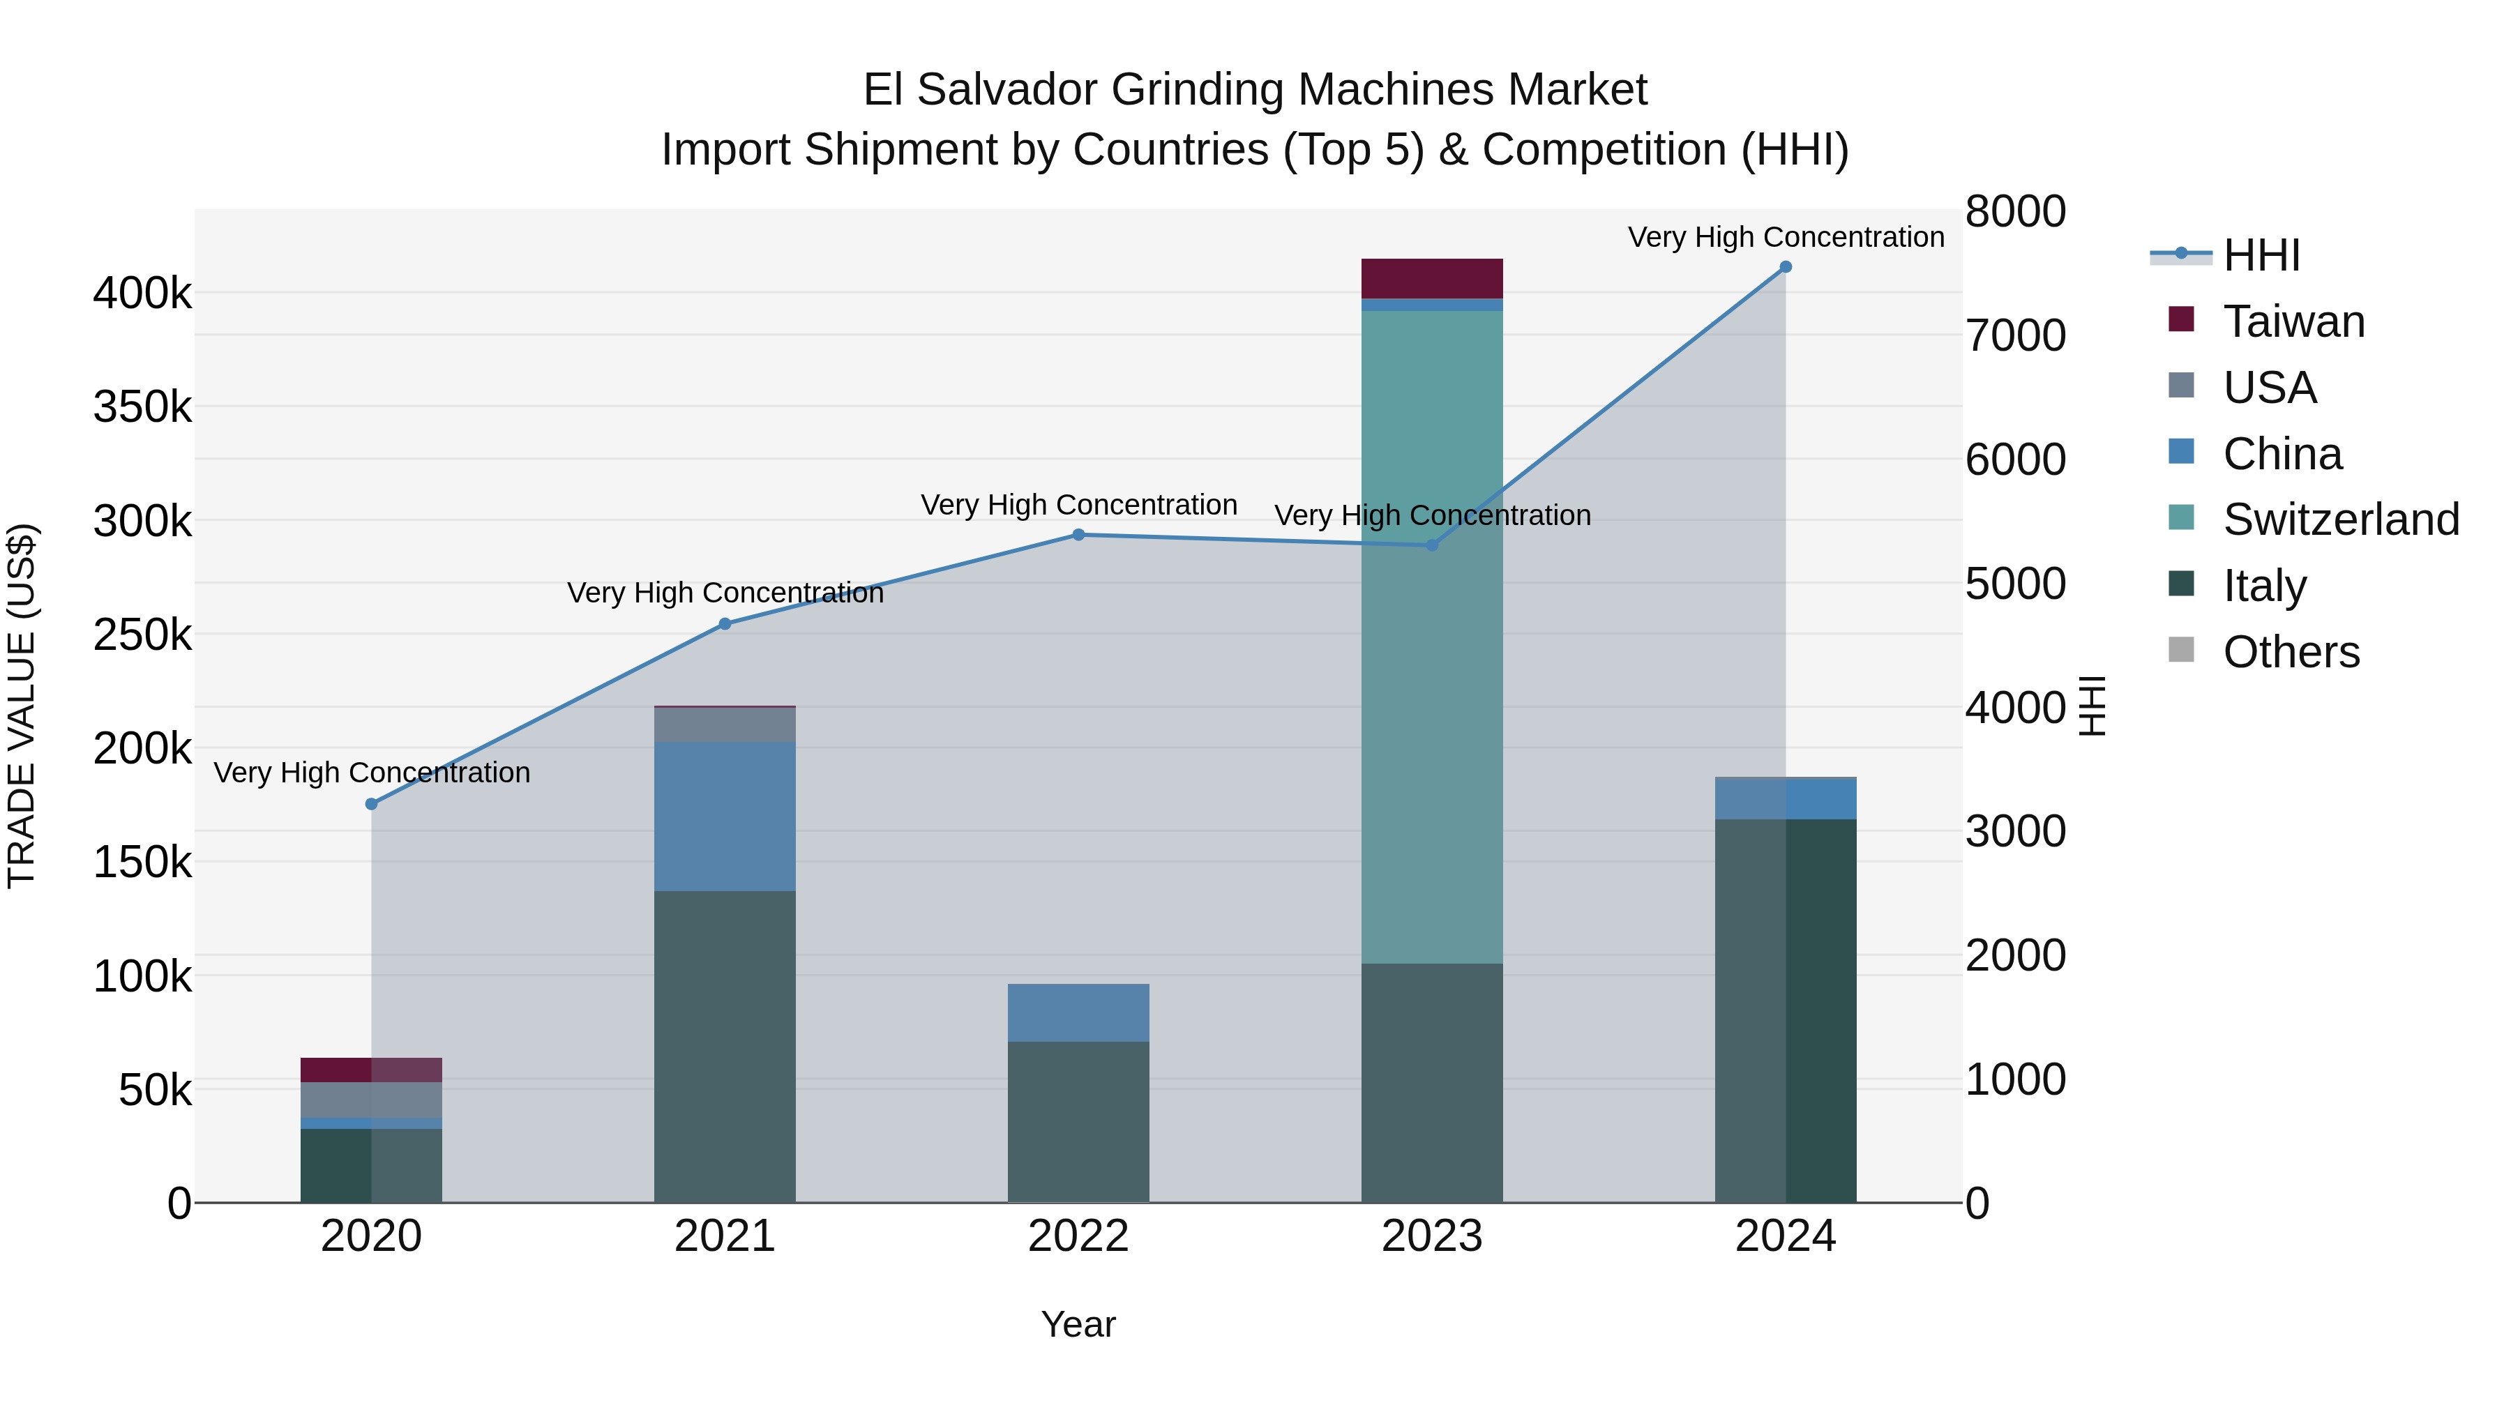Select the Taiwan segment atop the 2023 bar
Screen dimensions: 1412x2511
(x=1431, y=279)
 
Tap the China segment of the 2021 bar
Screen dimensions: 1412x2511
(x=724, y=816)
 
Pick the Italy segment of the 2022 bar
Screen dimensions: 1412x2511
(x=1078, y=1121)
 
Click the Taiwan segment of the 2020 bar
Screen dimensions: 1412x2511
(x=370, y=1069)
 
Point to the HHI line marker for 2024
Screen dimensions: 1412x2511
(x=1785, y=267)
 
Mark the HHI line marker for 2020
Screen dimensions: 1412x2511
(x=371, y=804)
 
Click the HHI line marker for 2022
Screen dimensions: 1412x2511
(x=1078, y=535)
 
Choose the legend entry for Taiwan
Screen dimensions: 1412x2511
(x=2293, y=321)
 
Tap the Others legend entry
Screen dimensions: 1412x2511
(x=2290, y=652)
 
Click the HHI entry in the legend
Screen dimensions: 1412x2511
(x=2261, y=255)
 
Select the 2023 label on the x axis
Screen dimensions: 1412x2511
(x=1431, y=1236)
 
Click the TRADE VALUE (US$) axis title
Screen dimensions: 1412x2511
(x=22, y=706)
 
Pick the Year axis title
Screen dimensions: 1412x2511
(x=1078, y=1324)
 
